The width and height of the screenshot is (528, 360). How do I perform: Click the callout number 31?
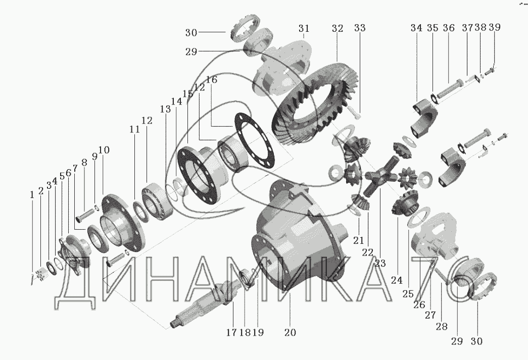click(x=303, y=28)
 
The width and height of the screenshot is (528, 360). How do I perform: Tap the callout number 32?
click(x=337, y=28)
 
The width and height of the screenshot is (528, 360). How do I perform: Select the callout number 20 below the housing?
click(x=290, y=332)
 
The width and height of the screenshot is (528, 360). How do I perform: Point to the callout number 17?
click(x=231, y=332)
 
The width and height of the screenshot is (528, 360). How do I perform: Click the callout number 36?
click(x=449, y=28)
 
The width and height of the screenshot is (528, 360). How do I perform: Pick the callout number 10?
click(x=104, y=150)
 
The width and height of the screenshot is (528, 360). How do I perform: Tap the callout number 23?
click(x=380, y=263)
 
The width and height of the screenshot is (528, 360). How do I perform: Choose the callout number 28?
click(x=442, y=326)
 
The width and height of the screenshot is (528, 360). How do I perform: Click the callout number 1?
click(x=32, y=195)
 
